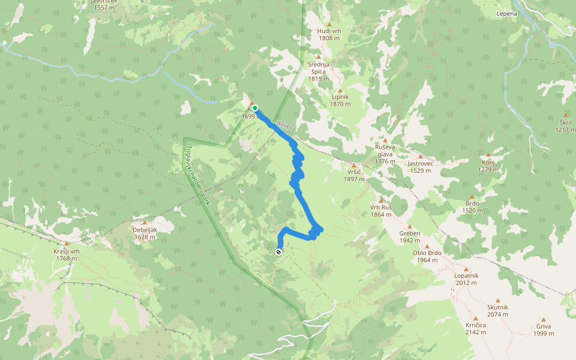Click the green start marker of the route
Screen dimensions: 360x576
coord(255,108)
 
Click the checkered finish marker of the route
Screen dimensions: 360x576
coord(279,252)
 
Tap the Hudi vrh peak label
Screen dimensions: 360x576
coord(329,34)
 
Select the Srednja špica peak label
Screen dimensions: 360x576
coord(318,71)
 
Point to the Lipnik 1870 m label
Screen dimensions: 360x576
coord(340,100)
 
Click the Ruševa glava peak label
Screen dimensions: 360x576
coord(385,154)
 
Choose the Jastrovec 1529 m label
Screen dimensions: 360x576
coord(420,166)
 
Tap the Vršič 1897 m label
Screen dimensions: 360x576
coord(354,175)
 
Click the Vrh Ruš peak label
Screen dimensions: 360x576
coord(380,211)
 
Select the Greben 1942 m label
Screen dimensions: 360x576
coord(410,236)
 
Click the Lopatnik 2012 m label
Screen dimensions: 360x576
coord(466,279)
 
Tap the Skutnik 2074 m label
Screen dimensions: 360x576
coord(497,310)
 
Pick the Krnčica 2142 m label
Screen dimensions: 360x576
coord(475,328)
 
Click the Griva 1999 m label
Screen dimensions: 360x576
coord(544,330)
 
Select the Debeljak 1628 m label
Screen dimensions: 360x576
coord(144,233)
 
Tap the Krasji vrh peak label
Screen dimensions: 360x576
coord(65,254)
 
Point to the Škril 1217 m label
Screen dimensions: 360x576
coord(565,126)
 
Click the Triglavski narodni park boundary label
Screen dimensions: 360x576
coord(197,173)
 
